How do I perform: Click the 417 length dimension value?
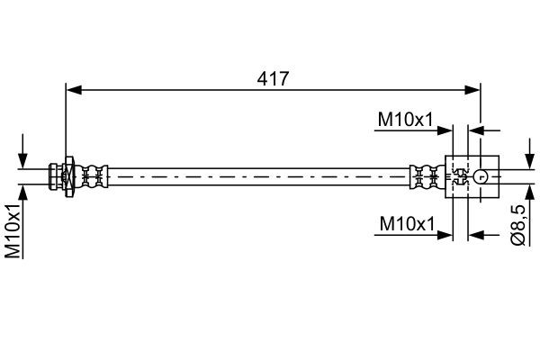[x=273, y=79]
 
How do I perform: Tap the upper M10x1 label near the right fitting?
[x=405, y=120]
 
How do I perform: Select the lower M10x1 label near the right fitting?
[x=407, y=224]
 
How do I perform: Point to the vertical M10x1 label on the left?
[x=13, y=230]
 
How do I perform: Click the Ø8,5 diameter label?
[x=517, y=225]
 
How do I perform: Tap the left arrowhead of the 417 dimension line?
[x=74, y=90]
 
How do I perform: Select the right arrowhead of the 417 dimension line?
[x=472, y=90]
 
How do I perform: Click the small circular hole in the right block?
[x=481, y=176]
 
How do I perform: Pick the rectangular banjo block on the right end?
[x=472, y=176]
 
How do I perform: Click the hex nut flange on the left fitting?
[x=69, y=176]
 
